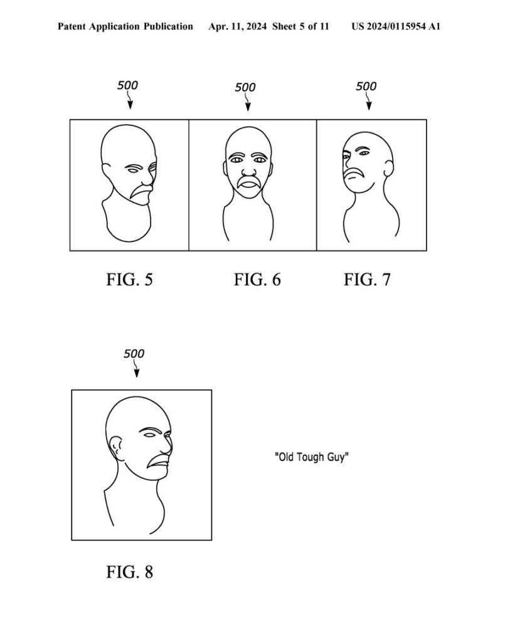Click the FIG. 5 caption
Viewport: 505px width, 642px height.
(129, 280)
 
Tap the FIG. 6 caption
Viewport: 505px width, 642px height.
(257, 280)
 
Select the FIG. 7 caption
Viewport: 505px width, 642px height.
(367, 280)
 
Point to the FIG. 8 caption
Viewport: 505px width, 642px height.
(129, 572)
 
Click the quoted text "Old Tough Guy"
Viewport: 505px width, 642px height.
(312, 456)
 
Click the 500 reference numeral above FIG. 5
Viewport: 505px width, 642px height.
(127, 85)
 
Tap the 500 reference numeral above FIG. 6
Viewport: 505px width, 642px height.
(245, 87)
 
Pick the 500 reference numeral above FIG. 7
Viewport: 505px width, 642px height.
(366, 86)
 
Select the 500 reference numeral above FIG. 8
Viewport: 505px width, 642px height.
(134, 354)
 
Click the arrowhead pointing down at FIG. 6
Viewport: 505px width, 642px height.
(248, 107)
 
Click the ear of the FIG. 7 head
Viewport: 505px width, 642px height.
(389, 168)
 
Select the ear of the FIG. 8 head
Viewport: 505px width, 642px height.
(115, 447)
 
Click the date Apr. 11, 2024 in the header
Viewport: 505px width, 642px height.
(238, 26)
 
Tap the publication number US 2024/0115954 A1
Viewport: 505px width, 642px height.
(396, 26)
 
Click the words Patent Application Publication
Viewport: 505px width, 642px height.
(125, 26)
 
